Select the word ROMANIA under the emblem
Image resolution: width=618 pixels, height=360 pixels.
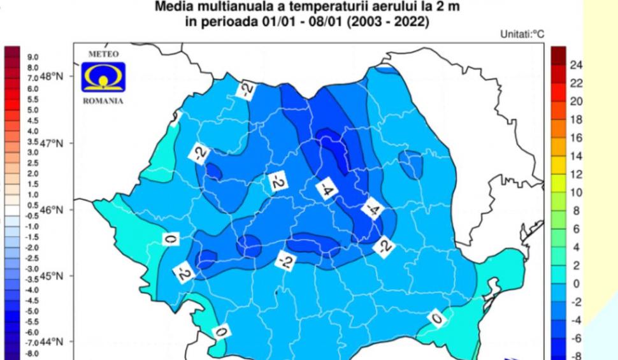103,101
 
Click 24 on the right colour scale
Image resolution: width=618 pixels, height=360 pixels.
576,65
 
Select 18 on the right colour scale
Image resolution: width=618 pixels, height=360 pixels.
576,120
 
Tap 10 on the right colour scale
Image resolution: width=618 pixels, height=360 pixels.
576,192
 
